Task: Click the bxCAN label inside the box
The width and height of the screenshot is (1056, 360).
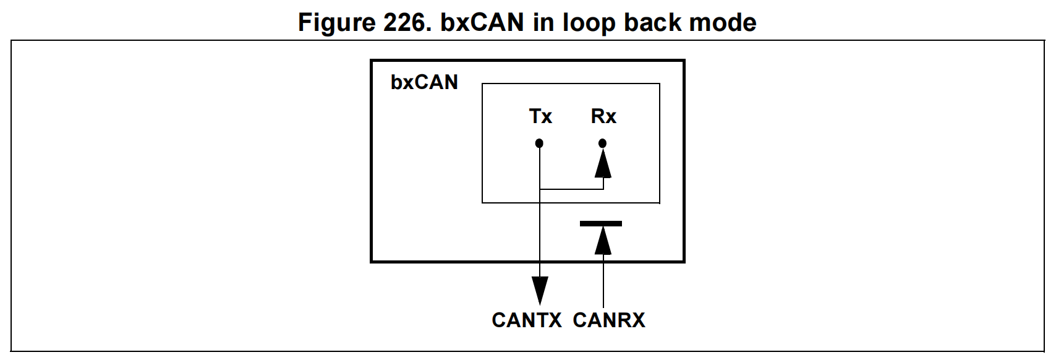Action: [424, 82]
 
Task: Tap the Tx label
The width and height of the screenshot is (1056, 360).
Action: [540, 116]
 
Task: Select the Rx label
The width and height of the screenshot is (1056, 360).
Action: [603, 116]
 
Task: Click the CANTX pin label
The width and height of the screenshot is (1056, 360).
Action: [526, 320]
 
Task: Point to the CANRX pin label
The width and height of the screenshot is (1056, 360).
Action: [609, 320]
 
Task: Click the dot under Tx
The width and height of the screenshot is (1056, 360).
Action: [539, 144]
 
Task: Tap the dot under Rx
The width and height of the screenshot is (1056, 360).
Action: [603, 144]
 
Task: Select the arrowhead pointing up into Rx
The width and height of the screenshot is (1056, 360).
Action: [603, 163]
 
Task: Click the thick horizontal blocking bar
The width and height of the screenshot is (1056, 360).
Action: [601, 224]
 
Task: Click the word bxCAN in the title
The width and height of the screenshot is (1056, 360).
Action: [482, 23]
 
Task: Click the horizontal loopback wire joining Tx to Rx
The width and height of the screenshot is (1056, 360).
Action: [571, 189]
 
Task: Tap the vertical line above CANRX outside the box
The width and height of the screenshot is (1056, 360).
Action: [603, 285]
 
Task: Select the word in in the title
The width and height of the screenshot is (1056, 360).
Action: [543, 23]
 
